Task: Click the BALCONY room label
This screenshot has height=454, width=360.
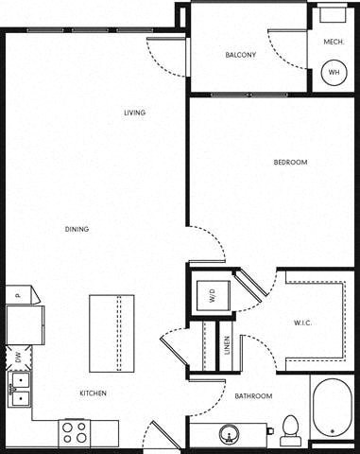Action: point(240,55)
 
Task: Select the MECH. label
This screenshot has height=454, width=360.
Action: point(333,42)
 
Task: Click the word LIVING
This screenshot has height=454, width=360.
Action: point(135,113)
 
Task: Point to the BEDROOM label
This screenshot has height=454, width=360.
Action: point(290,163)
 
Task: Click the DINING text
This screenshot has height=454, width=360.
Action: point(77,229)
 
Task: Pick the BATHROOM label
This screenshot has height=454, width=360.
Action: point(253,395)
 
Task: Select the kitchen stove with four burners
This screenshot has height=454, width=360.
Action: point(75,433)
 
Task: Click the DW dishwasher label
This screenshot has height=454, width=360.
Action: point(17,357)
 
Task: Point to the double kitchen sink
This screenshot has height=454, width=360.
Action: point(18,388)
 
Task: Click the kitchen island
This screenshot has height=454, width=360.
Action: point(111,333)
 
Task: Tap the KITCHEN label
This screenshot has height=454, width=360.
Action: point(93,393)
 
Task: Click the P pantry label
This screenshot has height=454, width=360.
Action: point(17,296)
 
